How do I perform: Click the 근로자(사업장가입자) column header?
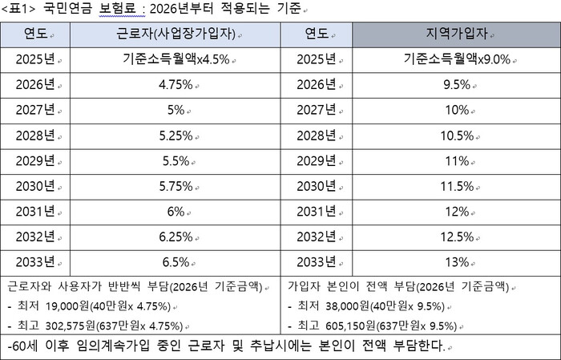[x=174, y=36]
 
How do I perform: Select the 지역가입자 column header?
[x=455, y=36]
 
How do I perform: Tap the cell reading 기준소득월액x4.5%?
[x=174, y=61]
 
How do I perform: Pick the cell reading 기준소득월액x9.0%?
[x=455, y=61]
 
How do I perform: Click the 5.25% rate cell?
[x=174, y=136]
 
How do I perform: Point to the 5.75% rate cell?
[x=174, y=187]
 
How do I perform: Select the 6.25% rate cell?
[x=174, y=237]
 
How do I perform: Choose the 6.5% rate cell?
[x=174, y=262]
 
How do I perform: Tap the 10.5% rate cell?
[x=455, y=136]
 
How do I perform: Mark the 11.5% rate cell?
[x=455, y=187]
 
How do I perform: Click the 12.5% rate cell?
[x=455, y=237]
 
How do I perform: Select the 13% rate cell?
[x=455, y=262]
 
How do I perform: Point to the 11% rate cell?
[x=455, y=161]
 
